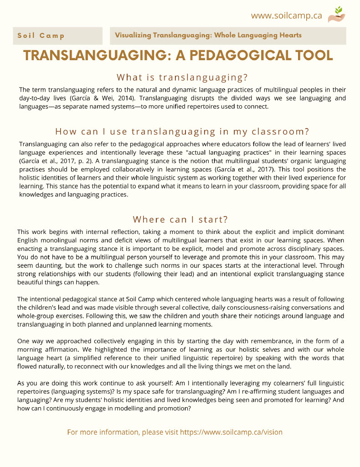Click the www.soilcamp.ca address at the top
(286, 16)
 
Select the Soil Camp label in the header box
(41, 36)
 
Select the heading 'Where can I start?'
(180, 219)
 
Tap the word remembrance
(262, 341)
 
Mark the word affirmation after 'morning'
(62, 349)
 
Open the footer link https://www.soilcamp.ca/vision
(231, 432)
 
